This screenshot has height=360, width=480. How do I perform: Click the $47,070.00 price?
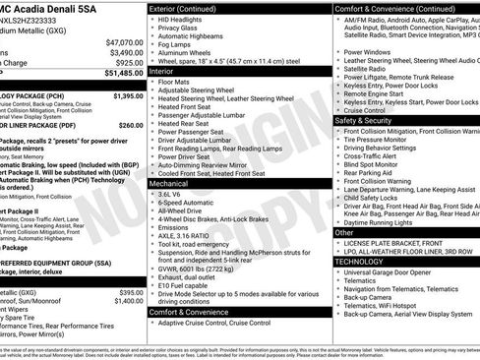(x=124, y=42)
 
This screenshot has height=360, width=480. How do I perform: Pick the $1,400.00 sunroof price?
(x=127, y=301)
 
